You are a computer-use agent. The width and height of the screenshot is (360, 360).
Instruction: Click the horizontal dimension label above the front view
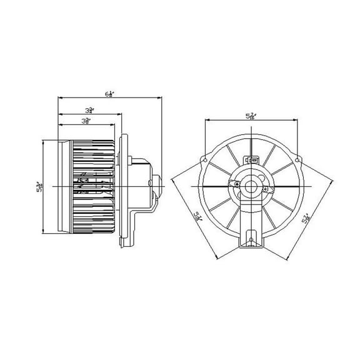coord(251,115)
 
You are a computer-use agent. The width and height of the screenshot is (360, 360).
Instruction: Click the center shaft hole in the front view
coord(251,186)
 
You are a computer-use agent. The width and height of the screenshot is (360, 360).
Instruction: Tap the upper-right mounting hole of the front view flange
coord(297,161)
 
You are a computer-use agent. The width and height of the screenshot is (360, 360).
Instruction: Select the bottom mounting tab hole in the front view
coord(251,237)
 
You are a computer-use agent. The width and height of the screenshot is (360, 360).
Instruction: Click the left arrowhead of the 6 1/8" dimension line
coord(59,97)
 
